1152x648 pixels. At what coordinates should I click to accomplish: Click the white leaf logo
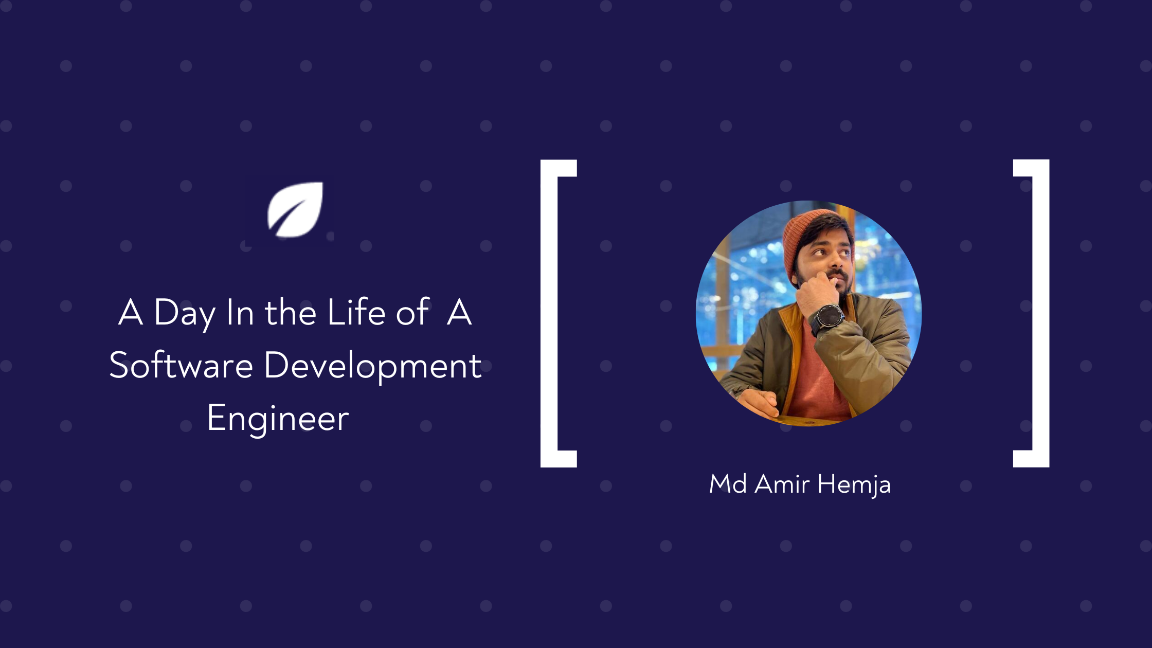coord(295,210)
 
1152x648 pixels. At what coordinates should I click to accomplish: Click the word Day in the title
coord(185,313)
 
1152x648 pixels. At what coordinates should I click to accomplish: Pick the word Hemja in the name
coord(854,484)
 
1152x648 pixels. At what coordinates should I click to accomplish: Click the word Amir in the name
coord(782,484)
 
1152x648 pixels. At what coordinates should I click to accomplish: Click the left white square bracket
coord(549,313)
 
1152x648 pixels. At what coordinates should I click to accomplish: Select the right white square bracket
coord(1040,313)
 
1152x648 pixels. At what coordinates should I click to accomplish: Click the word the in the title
coord(290,312)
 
